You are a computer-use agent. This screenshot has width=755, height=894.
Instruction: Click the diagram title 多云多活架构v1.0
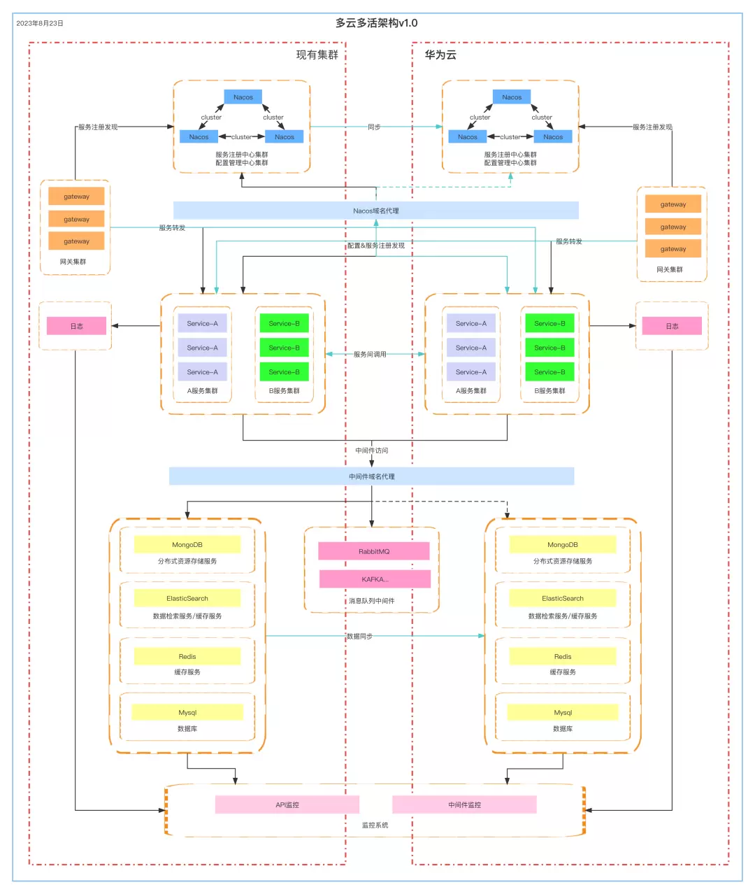(376, 23)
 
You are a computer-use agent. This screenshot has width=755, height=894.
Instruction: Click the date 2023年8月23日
(40, 23)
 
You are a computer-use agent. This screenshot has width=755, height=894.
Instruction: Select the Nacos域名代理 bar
(376, 211)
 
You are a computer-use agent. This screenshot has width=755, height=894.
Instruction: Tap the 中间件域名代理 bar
(372, 476)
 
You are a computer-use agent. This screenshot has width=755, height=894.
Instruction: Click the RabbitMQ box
(374, 551)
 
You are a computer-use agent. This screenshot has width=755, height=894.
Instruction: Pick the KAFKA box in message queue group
(375, 579)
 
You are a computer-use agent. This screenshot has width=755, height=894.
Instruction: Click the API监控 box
(287, 805)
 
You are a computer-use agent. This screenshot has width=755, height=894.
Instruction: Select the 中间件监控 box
(465, 805)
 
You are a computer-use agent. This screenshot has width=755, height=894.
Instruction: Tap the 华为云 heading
(440, 55)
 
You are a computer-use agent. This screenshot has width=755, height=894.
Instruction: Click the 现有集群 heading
(317, 55)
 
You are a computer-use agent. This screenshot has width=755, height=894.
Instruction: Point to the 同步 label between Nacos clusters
(374, 127)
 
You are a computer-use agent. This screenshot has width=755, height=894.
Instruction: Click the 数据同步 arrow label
(360, 637)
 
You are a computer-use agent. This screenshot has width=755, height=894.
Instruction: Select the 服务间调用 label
(370, 355)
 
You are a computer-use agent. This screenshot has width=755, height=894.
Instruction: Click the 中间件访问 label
(372, 450)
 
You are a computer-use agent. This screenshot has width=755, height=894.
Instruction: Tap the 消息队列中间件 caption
(372, 601)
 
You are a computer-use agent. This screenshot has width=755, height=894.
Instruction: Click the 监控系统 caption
(375, 825)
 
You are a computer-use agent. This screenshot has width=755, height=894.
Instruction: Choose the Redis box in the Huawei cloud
(563, 657)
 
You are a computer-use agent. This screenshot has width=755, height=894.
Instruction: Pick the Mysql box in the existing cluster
(187, 713)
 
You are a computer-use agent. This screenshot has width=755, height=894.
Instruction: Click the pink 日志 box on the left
(77, 326)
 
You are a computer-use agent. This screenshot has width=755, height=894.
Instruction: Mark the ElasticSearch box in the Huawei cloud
(563, 598)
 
